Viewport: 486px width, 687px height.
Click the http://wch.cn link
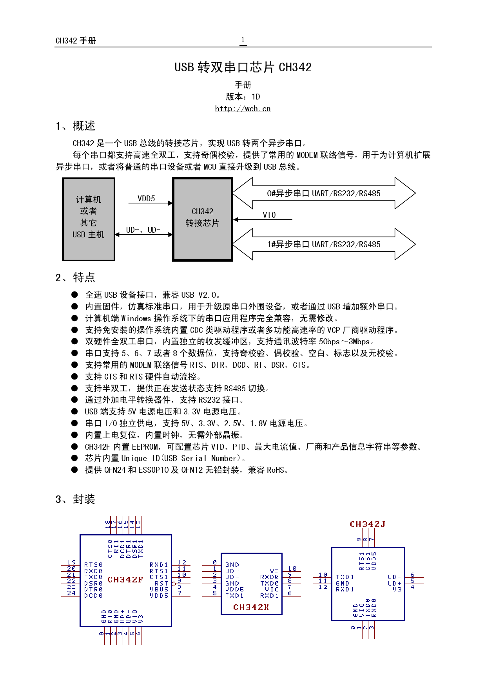(x=243, y=109)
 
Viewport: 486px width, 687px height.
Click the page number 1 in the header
(x=243, y=40)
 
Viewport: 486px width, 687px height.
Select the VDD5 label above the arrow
(x=146, y=199)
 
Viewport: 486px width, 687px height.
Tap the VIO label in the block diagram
(x=269, y=215)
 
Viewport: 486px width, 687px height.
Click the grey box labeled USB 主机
(x=89, y=219)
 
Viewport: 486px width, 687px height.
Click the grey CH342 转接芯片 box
(x=203, y=219)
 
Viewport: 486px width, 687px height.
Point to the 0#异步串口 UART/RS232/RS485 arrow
(x=324, y=193)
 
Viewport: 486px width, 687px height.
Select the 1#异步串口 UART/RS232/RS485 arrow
(x=324, y=244)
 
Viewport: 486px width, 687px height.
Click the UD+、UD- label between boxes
(x=143, y=230)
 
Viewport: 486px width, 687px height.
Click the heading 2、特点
(x=75, y=278)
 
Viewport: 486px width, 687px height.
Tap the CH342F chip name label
(x=125, y=580)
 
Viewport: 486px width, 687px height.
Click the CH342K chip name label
(x=251, y=607)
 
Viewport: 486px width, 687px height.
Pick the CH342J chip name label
(x=368, y=524)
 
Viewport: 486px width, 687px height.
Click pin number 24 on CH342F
(x=71, y=593)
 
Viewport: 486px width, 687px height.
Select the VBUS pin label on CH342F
(x=159, y=589)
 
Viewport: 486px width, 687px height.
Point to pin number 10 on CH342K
(x=292, y=568)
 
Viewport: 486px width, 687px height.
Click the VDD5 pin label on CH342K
(x=234, y=589)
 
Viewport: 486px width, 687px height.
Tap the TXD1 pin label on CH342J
(x=345, y=577)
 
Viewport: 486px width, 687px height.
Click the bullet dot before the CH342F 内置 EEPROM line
(x=75, y=447)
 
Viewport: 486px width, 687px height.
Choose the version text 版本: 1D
(x=243, y=97)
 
